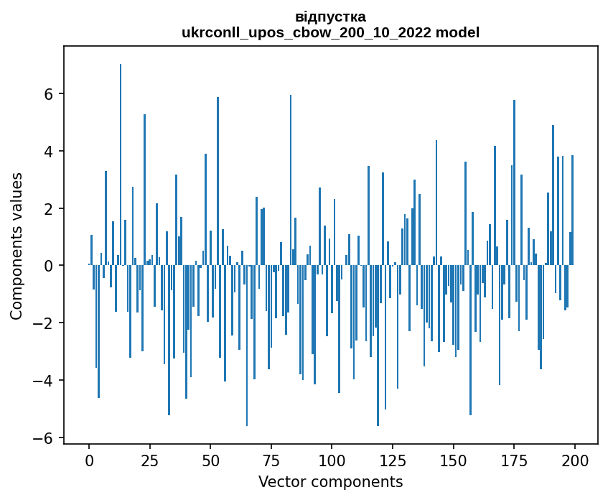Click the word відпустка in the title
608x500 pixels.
pos(330,17)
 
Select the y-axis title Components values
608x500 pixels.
pos(17,246)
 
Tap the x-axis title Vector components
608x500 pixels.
pos(330,481)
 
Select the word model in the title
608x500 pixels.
pos(460,32)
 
